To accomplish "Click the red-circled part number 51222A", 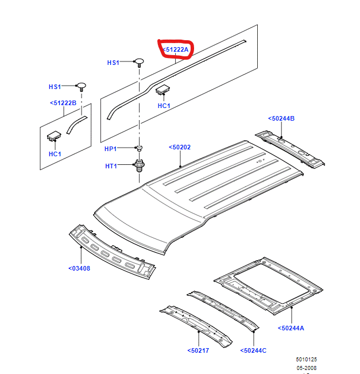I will (175, 50).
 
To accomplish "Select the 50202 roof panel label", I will (180, 147).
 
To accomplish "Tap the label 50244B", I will (281, 118).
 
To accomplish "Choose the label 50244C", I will (254, 350).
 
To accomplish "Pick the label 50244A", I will (291, 328).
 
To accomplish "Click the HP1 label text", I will (111, 149).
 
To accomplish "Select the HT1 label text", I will (111, 166).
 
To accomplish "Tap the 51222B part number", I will (64, 103).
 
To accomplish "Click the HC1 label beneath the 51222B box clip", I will (55, 155).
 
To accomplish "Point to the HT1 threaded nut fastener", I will (139, 166).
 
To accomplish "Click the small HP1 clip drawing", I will (138, 149).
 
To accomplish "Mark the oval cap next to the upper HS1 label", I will (139, 61).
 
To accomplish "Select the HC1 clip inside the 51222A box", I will (164, 88).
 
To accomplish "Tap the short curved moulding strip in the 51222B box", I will (75, 122).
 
